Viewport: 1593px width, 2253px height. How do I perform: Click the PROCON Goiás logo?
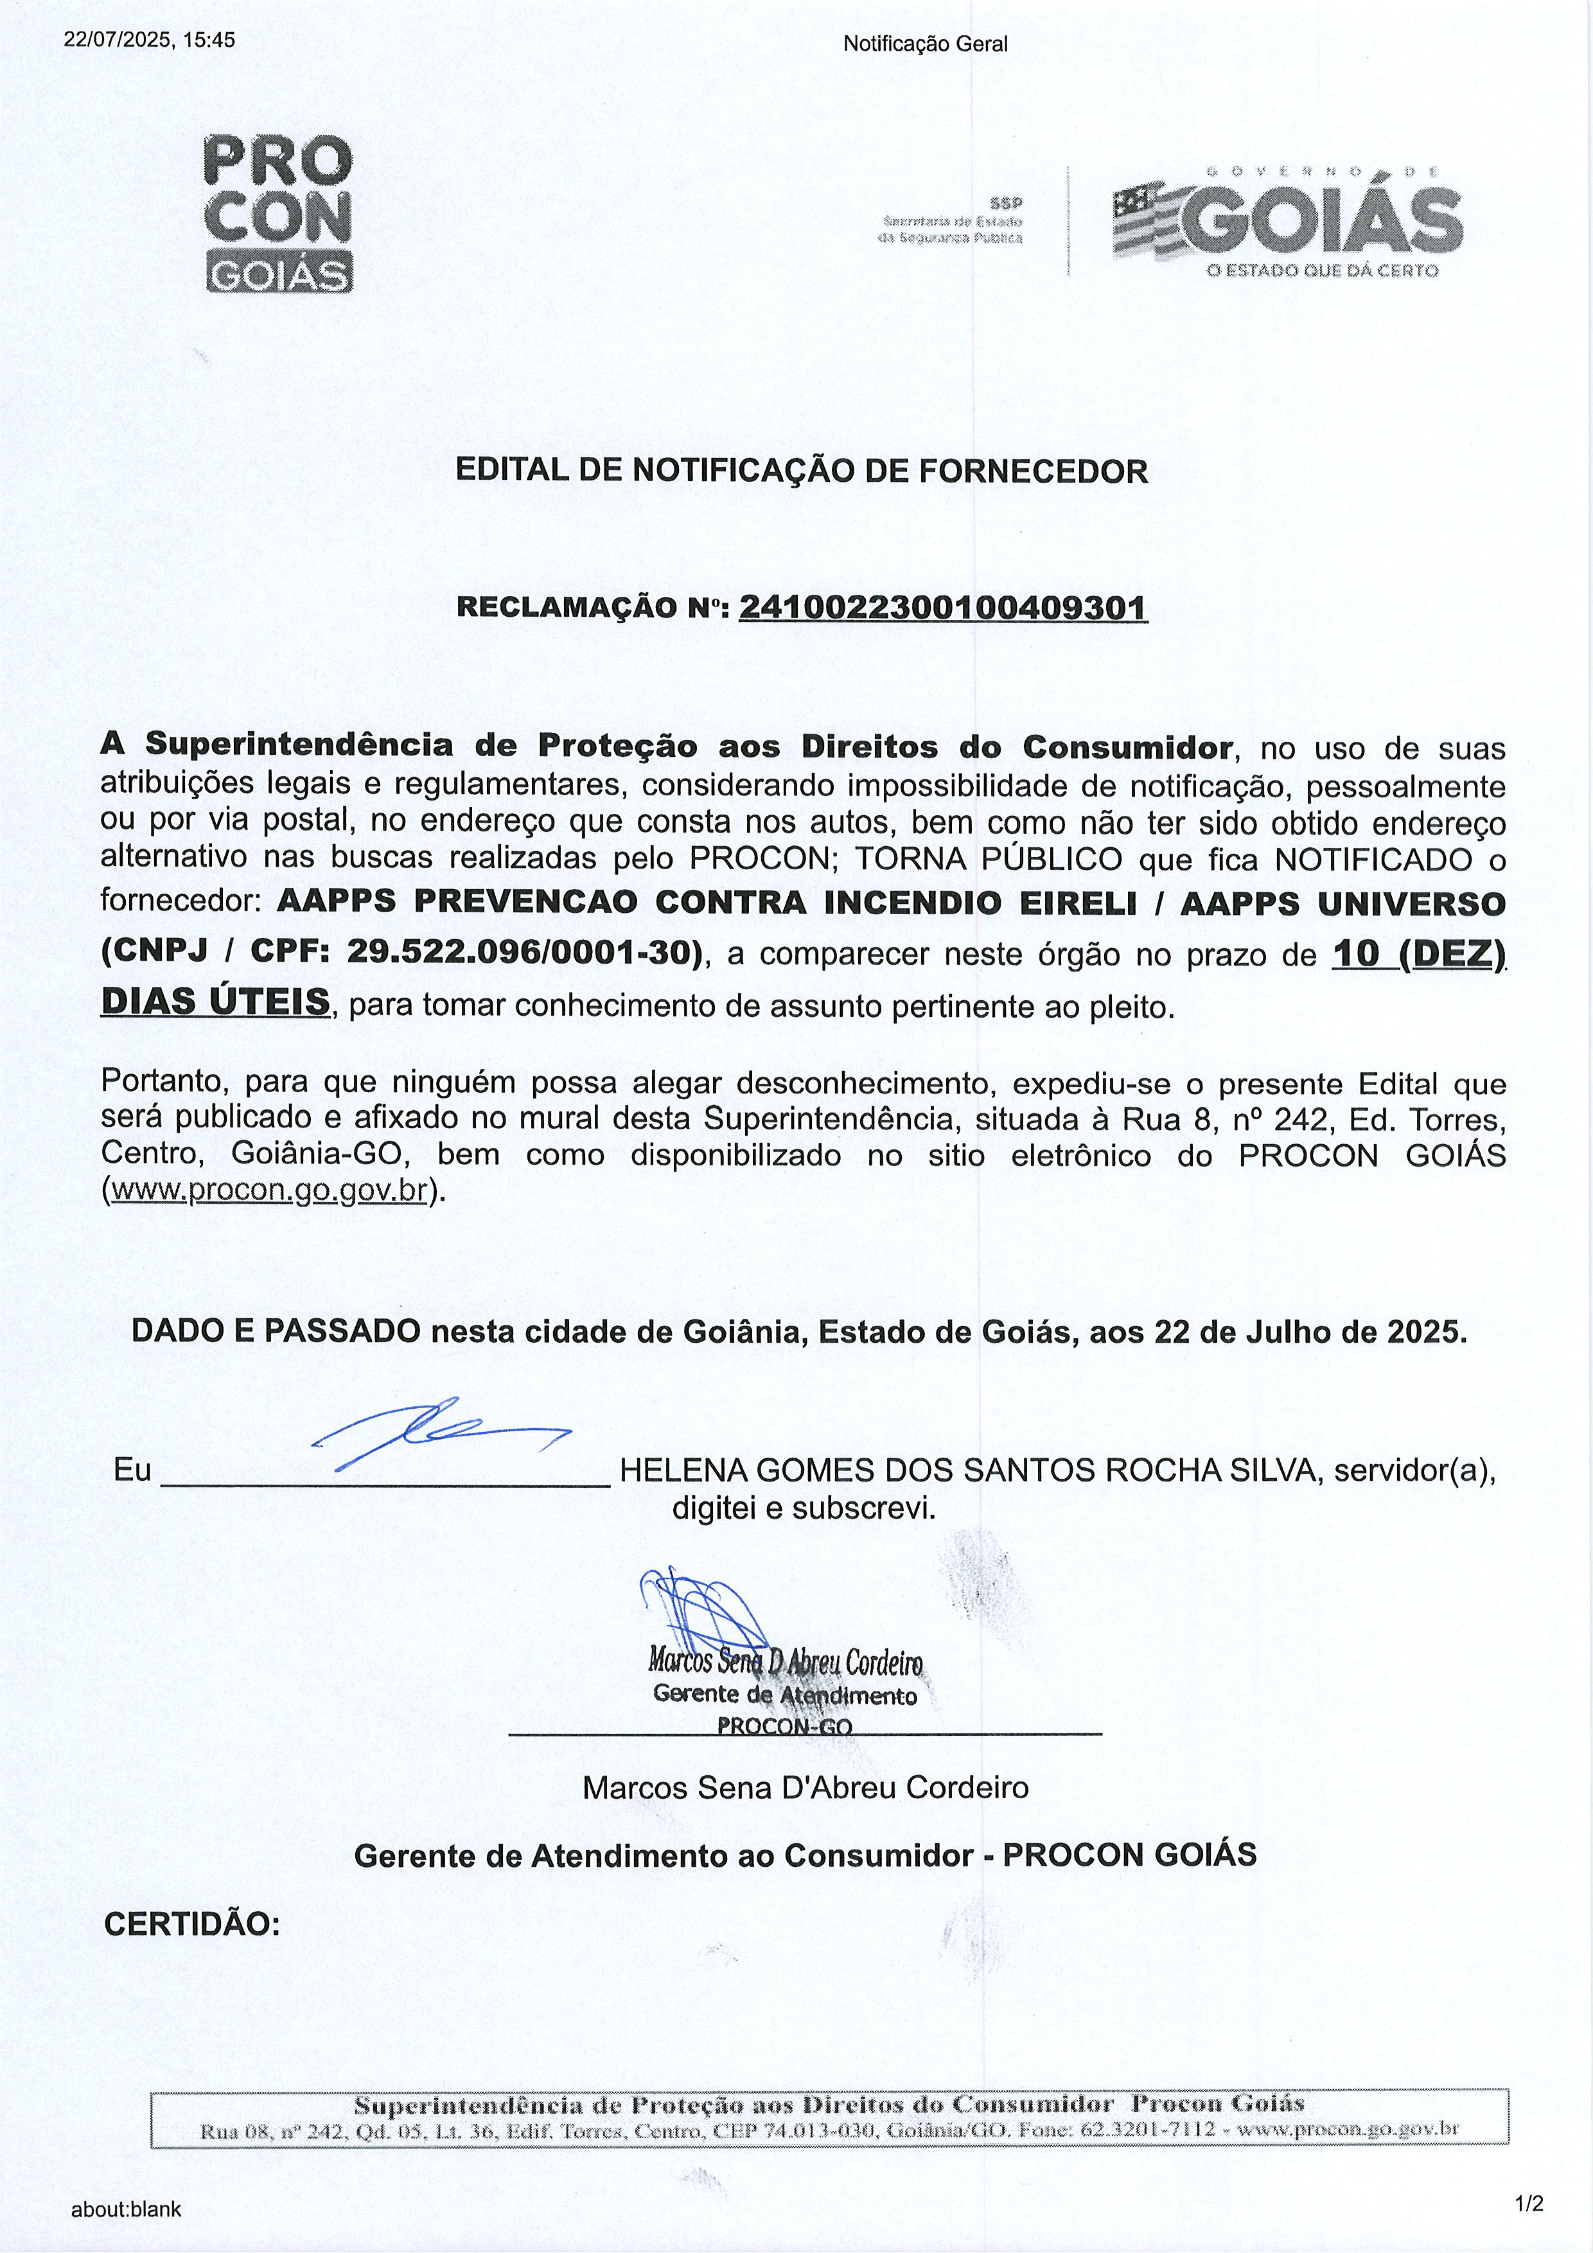click(279, 213)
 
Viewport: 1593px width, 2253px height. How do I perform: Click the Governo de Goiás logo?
click(1288, 221)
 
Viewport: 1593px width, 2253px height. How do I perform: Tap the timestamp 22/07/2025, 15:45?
click(149, 40)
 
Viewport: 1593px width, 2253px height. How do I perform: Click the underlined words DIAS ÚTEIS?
click(216, 1002)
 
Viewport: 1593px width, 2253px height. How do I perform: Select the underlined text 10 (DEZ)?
click(1418, 954)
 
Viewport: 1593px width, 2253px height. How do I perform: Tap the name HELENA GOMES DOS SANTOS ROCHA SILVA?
click(972, 1470)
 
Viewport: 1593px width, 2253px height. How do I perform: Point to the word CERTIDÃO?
click(192, 1924)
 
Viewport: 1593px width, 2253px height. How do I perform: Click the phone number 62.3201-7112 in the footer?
click(1148, 2130)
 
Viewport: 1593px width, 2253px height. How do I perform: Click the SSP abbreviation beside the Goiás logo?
click(1005, 203)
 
